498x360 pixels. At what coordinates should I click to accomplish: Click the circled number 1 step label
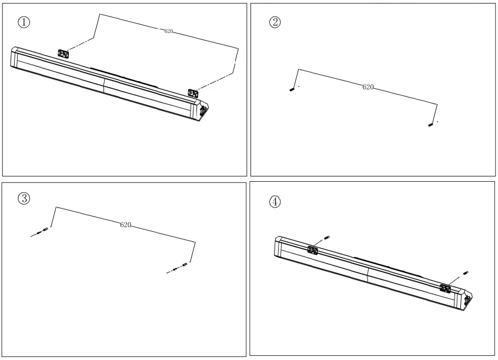pos(24,22)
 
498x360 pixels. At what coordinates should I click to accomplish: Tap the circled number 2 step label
pos(274,22)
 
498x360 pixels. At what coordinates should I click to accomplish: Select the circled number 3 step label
pos(24,198)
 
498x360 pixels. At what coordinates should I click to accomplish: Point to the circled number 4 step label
pos(275,201)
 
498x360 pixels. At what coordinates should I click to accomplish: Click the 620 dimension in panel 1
pos(169,31)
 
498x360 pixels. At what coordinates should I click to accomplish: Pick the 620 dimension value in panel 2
pos(367,86)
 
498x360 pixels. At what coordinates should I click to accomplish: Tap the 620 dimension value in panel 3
pos(125,225)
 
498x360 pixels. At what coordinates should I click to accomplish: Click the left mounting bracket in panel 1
pos(63,54)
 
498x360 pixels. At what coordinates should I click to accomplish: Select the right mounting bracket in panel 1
pos(193,92)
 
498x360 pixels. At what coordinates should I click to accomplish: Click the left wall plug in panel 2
pos(292,89)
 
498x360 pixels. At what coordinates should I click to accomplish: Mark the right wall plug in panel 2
pos(431,125)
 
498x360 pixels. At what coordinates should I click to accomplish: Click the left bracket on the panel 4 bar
pos(312,251)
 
